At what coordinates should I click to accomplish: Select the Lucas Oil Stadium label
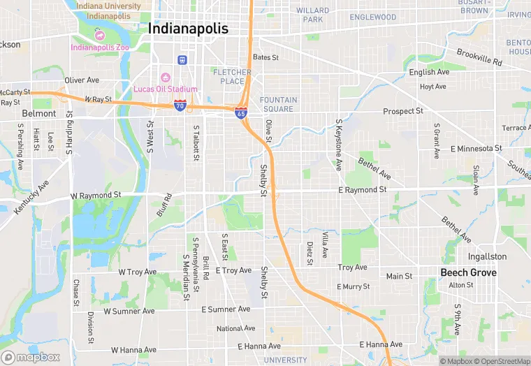(166, 89)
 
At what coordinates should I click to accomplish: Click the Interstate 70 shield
(180, 105)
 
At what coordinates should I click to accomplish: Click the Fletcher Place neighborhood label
(232, 77)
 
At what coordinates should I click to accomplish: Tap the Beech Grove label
(468, 272)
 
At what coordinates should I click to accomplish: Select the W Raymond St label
(96, 196)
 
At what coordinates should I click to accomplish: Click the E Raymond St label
(362, 190)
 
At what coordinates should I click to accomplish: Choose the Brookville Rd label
(479, 57)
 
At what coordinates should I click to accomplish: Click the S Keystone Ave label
(339, 145)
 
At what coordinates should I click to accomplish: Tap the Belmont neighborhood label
(38, 113)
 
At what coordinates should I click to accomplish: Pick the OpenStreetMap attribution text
(502, 361)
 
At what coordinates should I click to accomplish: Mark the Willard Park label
(312, 15)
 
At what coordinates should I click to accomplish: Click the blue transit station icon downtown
(182, 60)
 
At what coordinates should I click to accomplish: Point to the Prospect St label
(403, 111)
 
